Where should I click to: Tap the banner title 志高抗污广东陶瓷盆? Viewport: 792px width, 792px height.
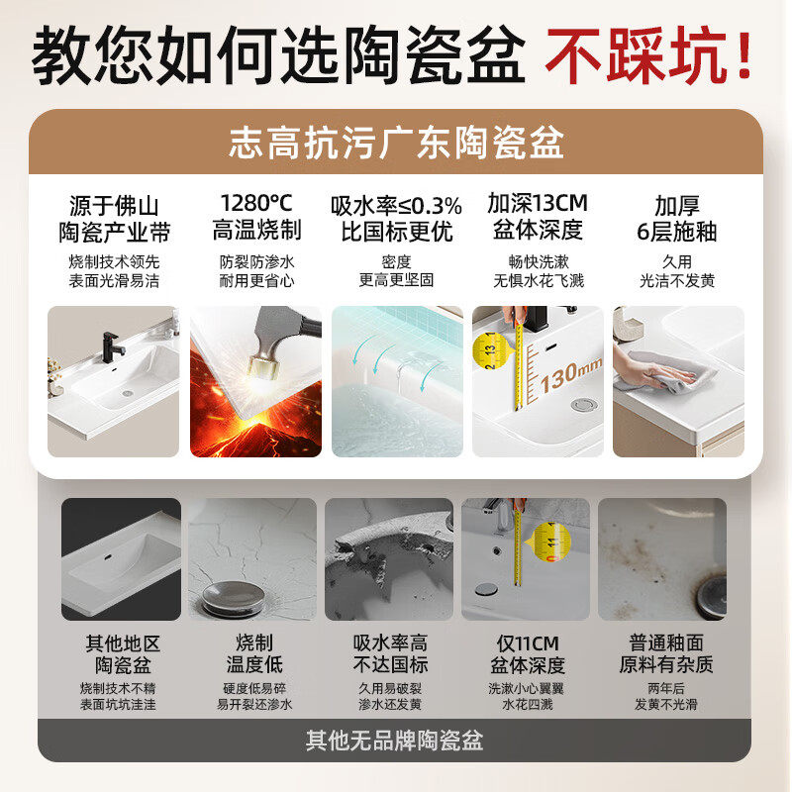[396, 143]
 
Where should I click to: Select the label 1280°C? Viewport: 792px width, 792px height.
[256, 204]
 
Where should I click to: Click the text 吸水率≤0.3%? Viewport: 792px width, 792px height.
[396, 205]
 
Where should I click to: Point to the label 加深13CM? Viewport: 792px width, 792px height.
[538, 204]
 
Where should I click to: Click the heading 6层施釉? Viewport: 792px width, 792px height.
[677, 232]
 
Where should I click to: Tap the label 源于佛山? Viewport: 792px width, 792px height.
[114, 205]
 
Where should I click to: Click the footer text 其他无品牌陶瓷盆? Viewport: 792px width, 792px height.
[396, 740]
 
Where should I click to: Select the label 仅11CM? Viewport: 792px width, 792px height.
[527, 642]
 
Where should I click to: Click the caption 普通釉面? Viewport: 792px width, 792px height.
[666, 642]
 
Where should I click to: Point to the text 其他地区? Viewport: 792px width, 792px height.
[122, 642]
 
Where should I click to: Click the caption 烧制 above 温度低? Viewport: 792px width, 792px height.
[254, 642]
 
